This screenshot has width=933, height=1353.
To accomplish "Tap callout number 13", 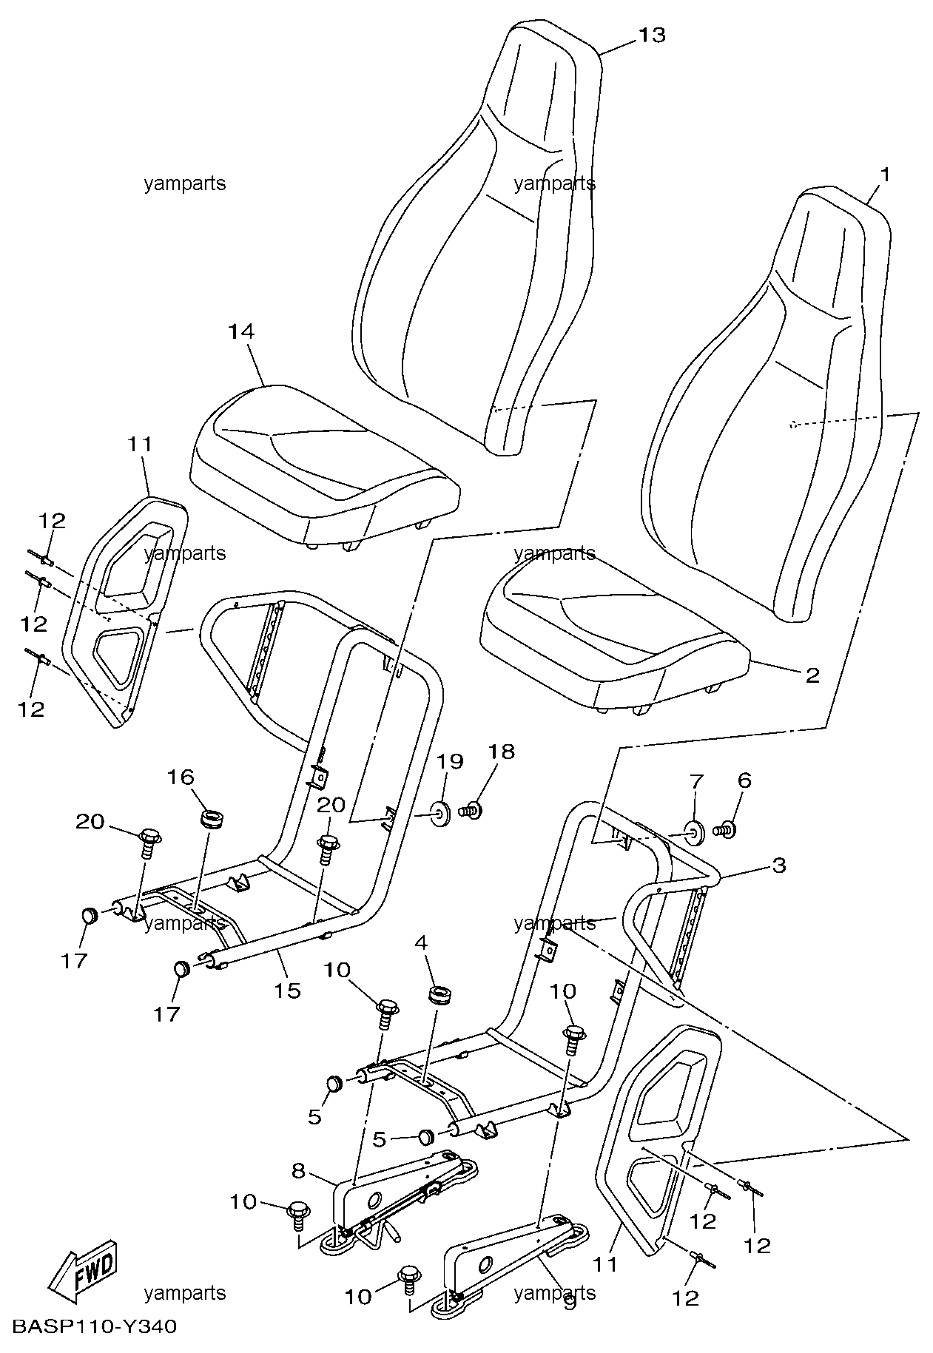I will [652, 36].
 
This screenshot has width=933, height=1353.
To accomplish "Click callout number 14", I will [241, 332].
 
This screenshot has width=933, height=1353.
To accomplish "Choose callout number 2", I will [812, 675].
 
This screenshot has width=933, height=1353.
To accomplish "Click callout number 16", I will [181, 777].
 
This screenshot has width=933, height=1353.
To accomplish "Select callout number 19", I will [449, 761].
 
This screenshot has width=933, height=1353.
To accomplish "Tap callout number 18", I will [501, 752].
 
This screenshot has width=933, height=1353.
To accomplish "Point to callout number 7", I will [696, 782].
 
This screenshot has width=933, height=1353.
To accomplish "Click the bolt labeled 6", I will [726, 831].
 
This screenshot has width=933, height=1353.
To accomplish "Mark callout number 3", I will [778, 865].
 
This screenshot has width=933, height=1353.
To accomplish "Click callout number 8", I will [298, 1171].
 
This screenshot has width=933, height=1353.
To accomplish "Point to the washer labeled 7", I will [695, 831].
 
